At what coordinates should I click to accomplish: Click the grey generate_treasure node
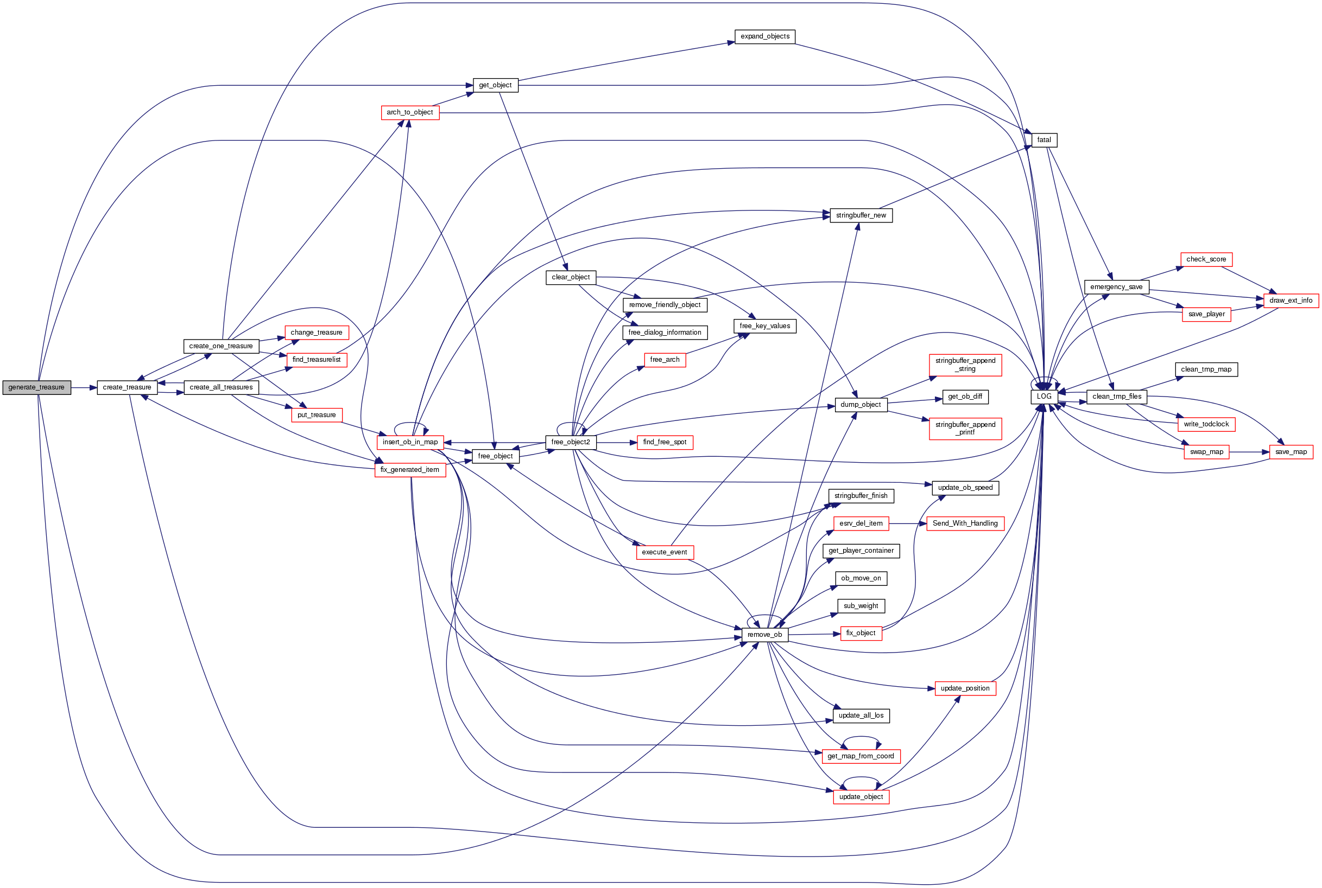point(36,387)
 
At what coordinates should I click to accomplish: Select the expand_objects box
point(764,36)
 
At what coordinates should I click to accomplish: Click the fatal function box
point(1044,140)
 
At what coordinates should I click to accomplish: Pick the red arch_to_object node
point(410,112)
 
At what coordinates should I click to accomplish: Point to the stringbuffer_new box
point(861,215)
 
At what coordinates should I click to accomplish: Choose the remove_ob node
point(764,634)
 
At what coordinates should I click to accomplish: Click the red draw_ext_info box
point(1291,300)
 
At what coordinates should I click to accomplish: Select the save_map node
point(1291,452)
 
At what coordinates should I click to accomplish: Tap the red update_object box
point(861,796)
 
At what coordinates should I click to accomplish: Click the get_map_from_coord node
point(861,756)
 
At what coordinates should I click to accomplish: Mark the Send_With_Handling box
point(965,523)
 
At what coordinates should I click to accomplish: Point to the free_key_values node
point(764,326)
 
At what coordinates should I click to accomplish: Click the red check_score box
point(1206,259)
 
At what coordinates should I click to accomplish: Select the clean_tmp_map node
point(1206,369)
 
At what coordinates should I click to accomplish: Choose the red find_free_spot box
point(664,442)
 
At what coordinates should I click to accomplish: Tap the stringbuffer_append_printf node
point(965,428)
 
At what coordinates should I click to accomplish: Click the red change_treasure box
point(316,333)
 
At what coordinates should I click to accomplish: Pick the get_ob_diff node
point(965,397)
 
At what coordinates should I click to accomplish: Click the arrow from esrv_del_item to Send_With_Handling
point(907,523)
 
